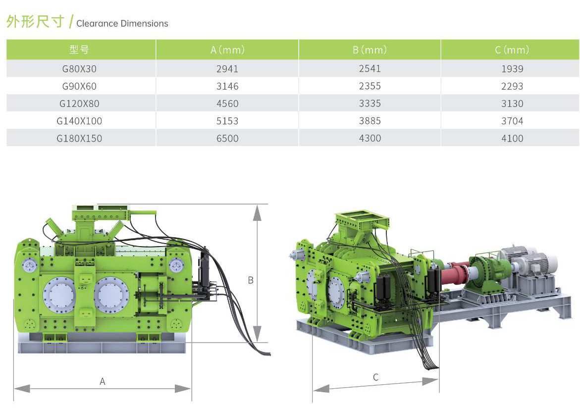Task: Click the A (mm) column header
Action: (x=227, y=50)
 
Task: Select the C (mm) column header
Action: (x=512, y=50)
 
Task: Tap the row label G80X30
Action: (x=79, y=69)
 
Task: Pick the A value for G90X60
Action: (x=227, y=86)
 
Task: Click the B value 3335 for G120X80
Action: (x=370, y=103)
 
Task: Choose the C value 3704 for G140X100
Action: (x=512, y=121)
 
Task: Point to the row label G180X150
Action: (x=79, y=138)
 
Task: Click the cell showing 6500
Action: (x=227, y=138)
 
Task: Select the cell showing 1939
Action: (x=512, y=69)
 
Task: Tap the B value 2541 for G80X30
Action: (x=370, y=68)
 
